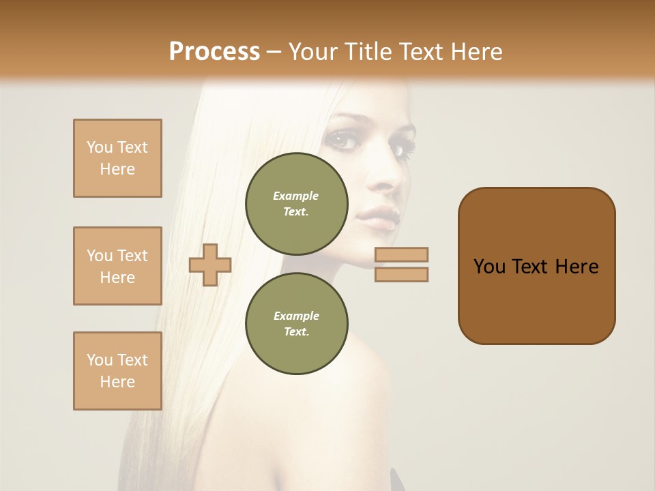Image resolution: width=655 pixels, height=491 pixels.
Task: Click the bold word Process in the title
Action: (x=214, y=52)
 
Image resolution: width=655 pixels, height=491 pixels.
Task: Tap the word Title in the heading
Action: (x=368, y=52)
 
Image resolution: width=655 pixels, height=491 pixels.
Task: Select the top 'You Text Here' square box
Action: (x=117, y=158)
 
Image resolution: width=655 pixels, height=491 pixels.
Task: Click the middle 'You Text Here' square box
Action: (x=117, y=266)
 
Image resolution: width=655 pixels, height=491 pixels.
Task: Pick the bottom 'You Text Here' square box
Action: (x=117, y=371)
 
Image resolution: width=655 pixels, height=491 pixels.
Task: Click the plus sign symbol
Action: (x=209, y=265)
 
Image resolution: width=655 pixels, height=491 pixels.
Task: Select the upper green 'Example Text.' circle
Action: (x=296, y=203)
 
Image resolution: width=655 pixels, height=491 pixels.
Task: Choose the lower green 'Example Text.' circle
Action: (x=296, y=323)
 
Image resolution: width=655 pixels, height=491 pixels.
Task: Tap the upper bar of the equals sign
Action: (x=401, y=254)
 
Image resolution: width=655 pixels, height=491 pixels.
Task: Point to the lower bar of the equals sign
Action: (x=401, y=274)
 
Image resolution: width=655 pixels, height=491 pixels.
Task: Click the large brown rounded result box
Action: (x=536, y=300)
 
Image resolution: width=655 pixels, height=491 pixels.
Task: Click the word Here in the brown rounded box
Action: (x=577, y=267)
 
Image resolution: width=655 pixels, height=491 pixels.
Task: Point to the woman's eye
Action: (x=342, y=140)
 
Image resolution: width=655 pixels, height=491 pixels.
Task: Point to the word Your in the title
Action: (x=313, y=52)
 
